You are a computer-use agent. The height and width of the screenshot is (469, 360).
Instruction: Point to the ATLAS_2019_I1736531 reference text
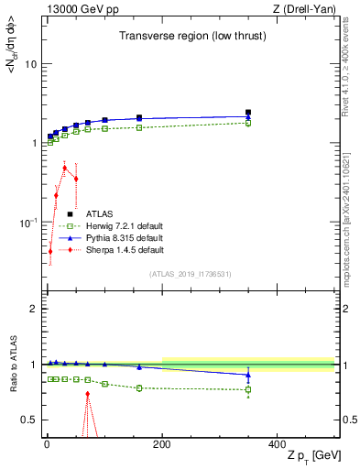pos(190,274)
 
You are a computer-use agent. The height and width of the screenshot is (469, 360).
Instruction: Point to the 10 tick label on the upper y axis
pos(30,64)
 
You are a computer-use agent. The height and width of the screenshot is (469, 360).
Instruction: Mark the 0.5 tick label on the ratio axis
pos(28,420)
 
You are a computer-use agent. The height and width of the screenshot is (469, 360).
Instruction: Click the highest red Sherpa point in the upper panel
pos(64,167)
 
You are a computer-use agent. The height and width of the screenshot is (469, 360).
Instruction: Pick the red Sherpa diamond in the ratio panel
pos(88,394)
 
